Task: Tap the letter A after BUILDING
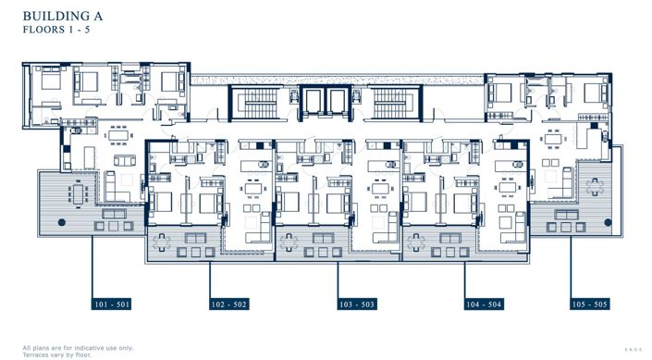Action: point(103,16)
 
